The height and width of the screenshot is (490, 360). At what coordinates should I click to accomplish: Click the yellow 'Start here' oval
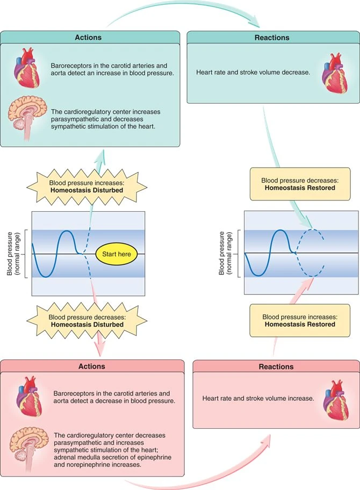(117, 254)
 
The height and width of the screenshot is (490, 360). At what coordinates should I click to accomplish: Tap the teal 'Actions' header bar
(90, 38)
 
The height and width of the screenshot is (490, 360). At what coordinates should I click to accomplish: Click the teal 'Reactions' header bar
(273, 38)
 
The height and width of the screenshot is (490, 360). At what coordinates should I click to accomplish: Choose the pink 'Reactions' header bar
(276, 367)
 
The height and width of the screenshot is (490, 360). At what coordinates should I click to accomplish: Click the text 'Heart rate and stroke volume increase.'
(257, 399)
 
